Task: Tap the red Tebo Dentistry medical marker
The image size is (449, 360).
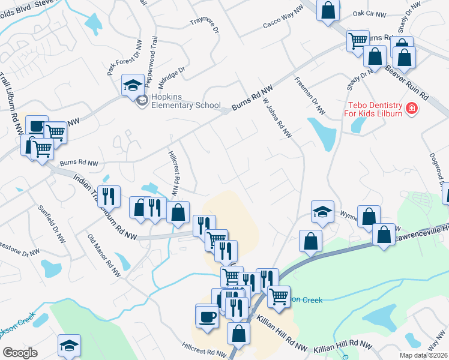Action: click(x=412, y=109)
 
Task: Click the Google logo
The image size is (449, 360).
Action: click(x=20, y=353)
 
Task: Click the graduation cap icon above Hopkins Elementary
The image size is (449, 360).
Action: click(x=133, y=85)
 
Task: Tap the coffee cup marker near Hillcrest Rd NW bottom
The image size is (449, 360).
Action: click(x=207, y=316)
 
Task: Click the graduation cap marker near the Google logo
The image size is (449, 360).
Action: click(x=69, y=346)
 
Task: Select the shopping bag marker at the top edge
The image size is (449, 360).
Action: click(x=328, y=10)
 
